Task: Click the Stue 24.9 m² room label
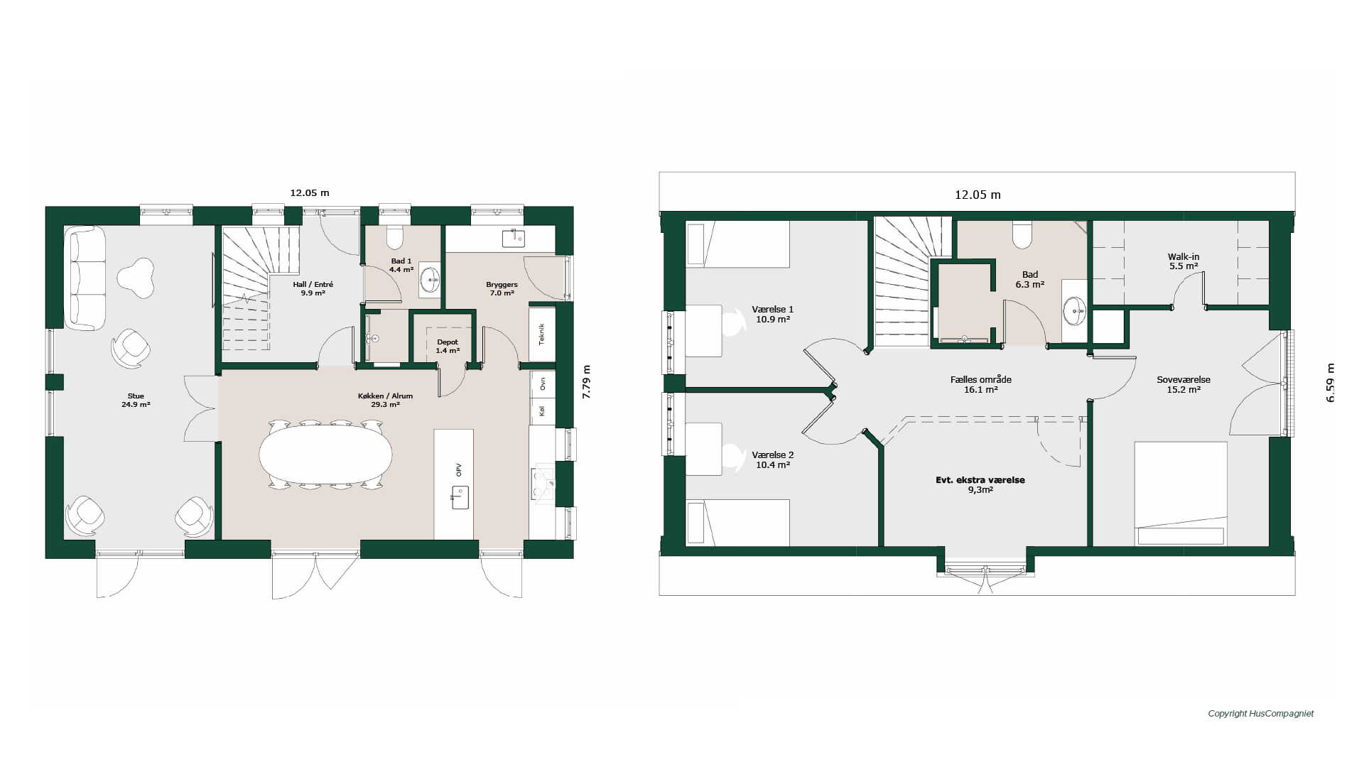pos(136,401)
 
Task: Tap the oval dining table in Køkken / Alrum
pos(325,455)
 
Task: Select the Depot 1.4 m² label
pos(448,347)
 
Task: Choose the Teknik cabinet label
pos(542,334)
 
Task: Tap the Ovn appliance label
pos(543,383)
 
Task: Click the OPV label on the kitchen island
pos(459,469)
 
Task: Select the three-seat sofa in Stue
pos(85,278)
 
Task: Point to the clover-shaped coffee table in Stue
pos(136,277)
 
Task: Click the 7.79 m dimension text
pos(586,382)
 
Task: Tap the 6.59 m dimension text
pos(1330,383)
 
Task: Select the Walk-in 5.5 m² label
pos(1184,261)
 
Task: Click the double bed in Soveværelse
pos(1181,494)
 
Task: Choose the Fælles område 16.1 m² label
pos(981,384)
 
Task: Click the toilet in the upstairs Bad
pos(1022,235)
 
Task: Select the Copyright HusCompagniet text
pos(1261,714)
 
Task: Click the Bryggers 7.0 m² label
pos(502,288)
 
